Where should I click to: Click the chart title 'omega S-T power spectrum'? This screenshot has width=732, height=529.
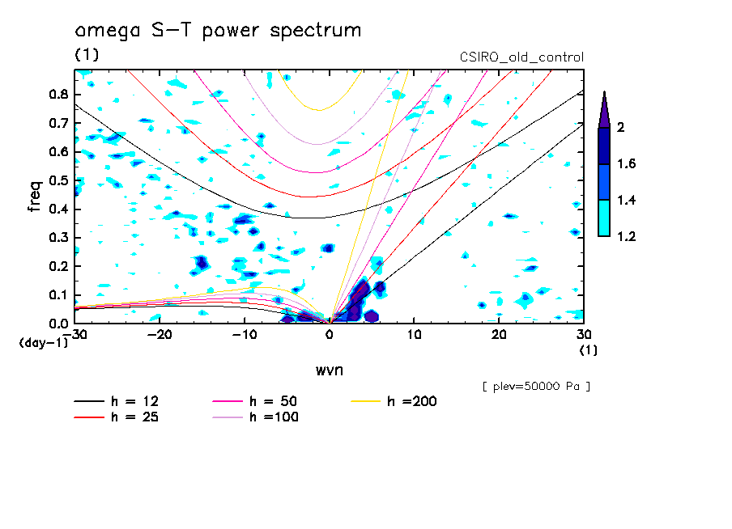point(218,31)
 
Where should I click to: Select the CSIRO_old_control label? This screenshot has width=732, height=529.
point(521,57)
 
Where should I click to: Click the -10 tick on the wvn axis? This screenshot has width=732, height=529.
point(245,334)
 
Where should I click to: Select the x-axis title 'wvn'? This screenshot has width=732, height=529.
point(330,370)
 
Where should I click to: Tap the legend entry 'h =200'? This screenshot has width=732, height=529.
point(412,402)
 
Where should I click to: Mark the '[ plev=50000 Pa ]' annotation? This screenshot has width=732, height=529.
point(536,387)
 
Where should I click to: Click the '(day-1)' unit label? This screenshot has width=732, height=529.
point(42,343)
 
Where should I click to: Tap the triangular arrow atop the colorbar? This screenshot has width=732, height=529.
point(604,108)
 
